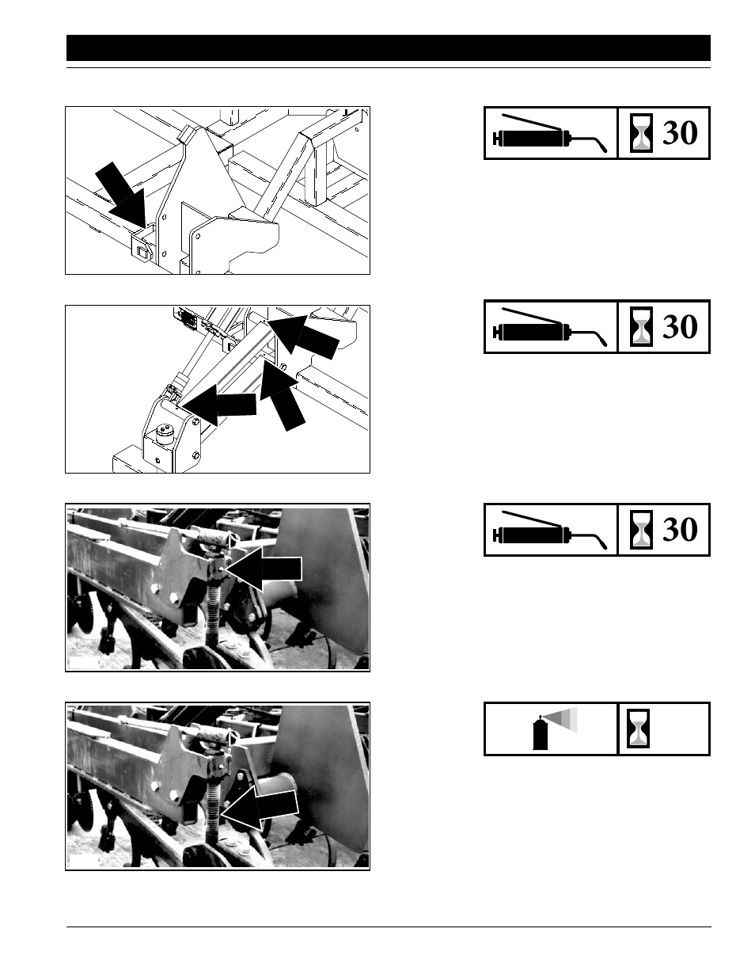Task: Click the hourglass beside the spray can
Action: coord(638,729)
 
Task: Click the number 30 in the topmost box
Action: coord(679,134)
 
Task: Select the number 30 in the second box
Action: coord(679,327)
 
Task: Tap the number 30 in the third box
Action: coord(679,530)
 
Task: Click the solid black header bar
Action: coord(388,48)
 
